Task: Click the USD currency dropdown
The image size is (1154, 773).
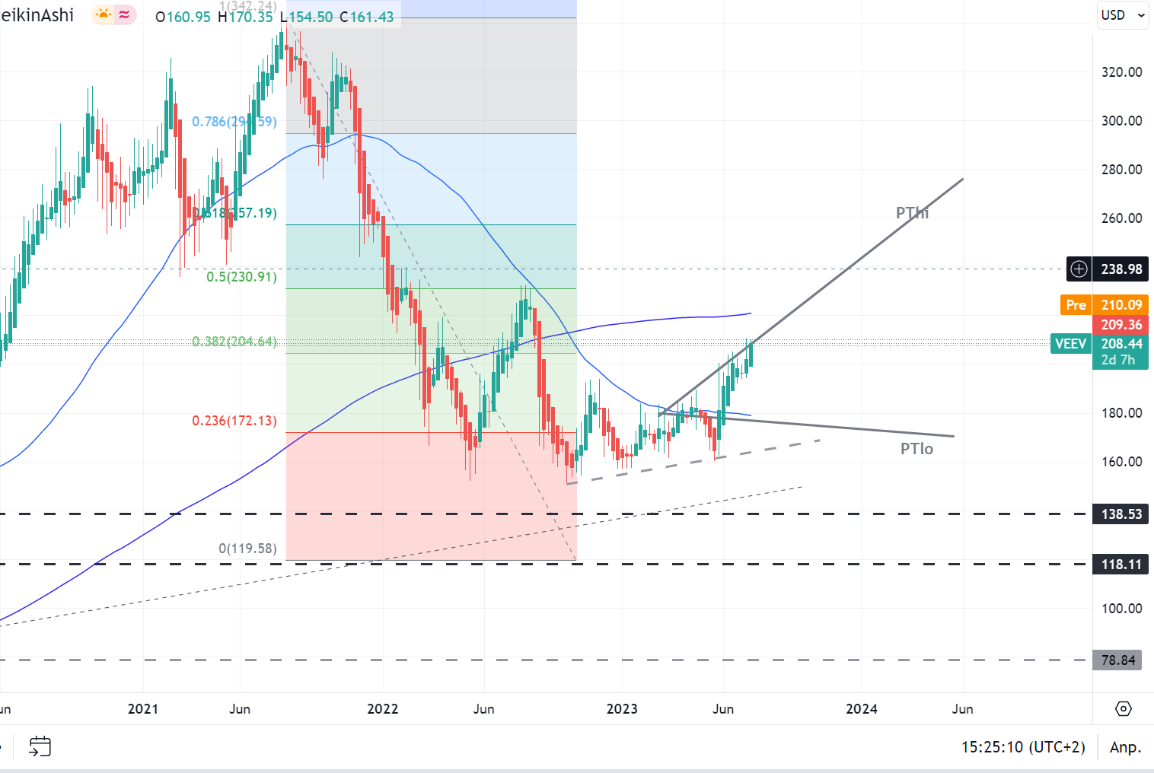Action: tap(1122, 15)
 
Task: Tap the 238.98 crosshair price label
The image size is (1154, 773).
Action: tap(1121, 269)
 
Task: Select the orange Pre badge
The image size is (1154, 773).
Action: tap(1076, 305)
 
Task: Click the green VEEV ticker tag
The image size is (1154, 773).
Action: tap(1070, 344)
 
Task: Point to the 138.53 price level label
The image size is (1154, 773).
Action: tap(1121, 514)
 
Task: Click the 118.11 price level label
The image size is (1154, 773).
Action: tap(1121, 565)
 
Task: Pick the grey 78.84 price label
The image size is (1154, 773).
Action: tap(1117, 660)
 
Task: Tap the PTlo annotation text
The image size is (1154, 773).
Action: tap(917, 449)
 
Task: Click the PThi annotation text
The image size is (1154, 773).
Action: tap(912, 213)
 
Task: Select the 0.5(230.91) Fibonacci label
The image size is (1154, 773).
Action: tap(241, 277)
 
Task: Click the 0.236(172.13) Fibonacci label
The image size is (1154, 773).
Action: tap(234, 421)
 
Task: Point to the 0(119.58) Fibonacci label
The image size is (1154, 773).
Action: tap(247, 549)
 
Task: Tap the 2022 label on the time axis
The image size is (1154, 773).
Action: tap(382, 709)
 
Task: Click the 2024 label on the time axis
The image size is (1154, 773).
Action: tap(861, 709)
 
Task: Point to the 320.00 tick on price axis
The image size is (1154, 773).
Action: tap(1121, 72)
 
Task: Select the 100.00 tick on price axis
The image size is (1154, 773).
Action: tap(1121, 609)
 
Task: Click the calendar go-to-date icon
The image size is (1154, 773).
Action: tap(40, 746)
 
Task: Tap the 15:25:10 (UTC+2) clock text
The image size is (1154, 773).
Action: tap(1023, 747)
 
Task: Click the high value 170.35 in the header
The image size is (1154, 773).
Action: tap(250, 17)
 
